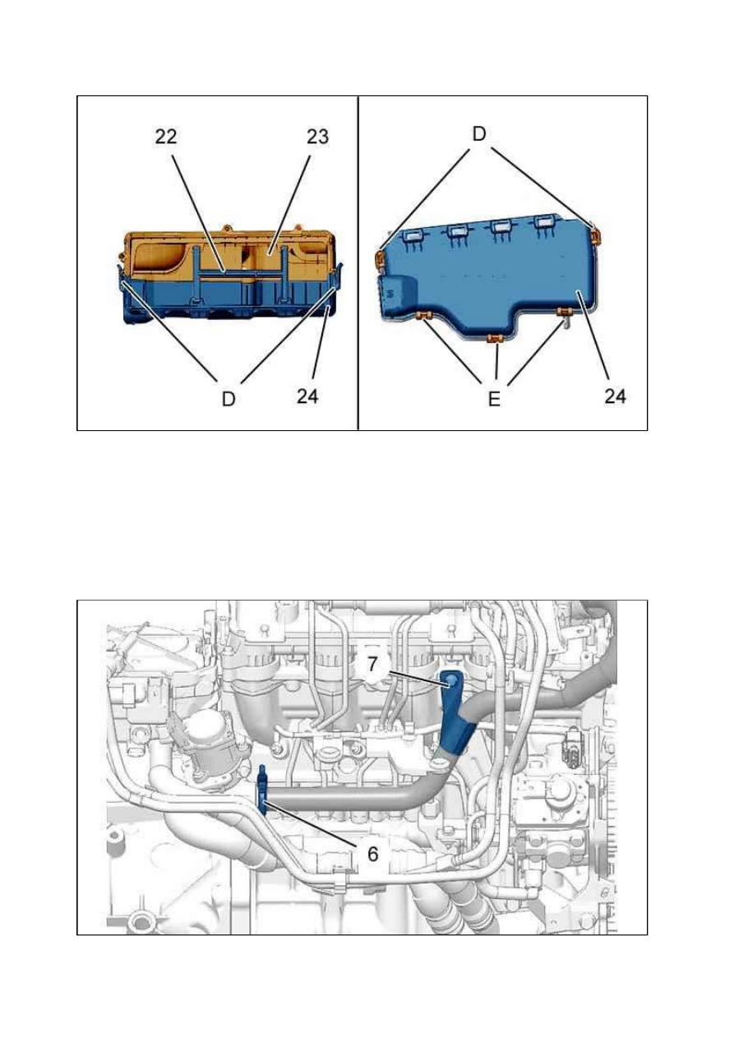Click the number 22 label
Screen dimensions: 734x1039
(166, 137)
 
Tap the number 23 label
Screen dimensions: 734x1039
(317, 137)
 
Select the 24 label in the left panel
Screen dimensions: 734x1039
(307, 397)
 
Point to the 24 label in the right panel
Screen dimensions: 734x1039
(616, 397)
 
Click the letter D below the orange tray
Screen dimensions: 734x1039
(229, 398)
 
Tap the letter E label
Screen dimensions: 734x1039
(495, 398)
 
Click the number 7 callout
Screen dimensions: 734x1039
(372, 664)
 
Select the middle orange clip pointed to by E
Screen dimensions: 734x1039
(494, 339)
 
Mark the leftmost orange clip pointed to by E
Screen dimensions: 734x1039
(423, 316)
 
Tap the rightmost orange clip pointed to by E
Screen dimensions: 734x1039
(565, 312)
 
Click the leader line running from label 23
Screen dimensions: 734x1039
(290, 204)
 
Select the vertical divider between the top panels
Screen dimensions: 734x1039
(358, 263)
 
